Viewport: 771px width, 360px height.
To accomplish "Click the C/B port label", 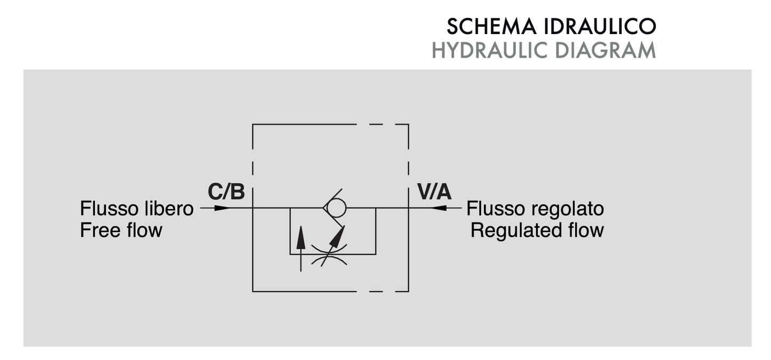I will coord(226,193).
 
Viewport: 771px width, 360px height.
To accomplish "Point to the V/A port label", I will coord(434,193).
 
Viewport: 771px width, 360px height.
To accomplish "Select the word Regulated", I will coord(515,230).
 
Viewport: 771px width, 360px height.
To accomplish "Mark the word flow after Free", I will coord(143,230).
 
